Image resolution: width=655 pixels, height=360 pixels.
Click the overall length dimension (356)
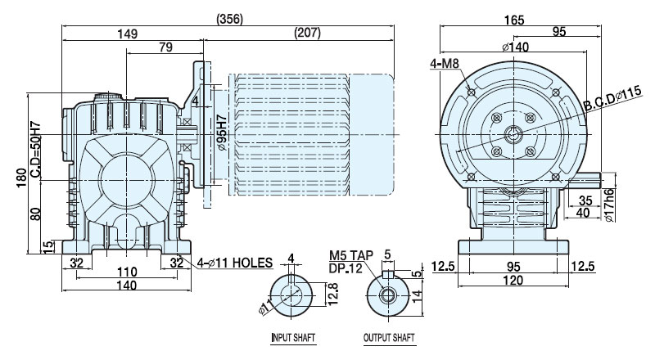pyautogui.click(x=230, y=19)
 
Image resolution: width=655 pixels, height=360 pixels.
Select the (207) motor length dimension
pyautogui.click(x=308, y=33)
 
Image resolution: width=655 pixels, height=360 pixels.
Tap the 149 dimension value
pyautogui.click(x=128, y=34)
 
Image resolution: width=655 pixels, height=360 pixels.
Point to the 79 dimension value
pyautogui.click(x=166, y=47)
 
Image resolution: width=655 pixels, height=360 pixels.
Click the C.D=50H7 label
pyautogui.click(x=35, y=149)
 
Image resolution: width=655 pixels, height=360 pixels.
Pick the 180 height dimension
pyautogui.click(x=22, y=178)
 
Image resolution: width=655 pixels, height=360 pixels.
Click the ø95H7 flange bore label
pyautogui.click(x=222, y=133)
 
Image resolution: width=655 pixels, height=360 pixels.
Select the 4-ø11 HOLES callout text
pyautogui.click(x=235, y=263)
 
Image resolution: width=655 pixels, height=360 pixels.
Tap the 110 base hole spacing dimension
pyautogui.click(x=127, y=272)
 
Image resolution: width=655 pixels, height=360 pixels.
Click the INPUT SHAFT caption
pyautogui.click(x=293, y=337)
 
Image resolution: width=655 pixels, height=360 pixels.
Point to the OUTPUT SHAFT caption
pyautogui.click(x=389, y=337)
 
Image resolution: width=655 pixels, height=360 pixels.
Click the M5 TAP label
pyautogui.click(x=351, y=255)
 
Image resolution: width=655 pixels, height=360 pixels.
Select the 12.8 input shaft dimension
pyautogui.click(x=333, y=294)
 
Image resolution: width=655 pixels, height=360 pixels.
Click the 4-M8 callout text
pyautogui.click(x=445, y=64)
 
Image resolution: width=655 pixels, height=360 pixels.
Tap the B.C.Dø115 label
pyautogui.click(x=612, y=99)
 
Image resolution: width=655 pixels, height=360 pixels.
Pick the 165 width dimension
pyautogui.click(x=514, y=20)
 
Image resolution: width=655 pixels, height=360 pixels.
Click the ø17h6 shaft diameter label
pyautogui.click(x=609, y=205)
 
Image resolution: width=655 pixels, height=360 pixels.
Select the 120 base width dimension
pyautogui.click(x=513, y=280)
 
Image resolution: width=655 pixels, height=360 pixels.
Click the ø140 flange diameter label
pyautogui.click(x=516, y=47)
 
